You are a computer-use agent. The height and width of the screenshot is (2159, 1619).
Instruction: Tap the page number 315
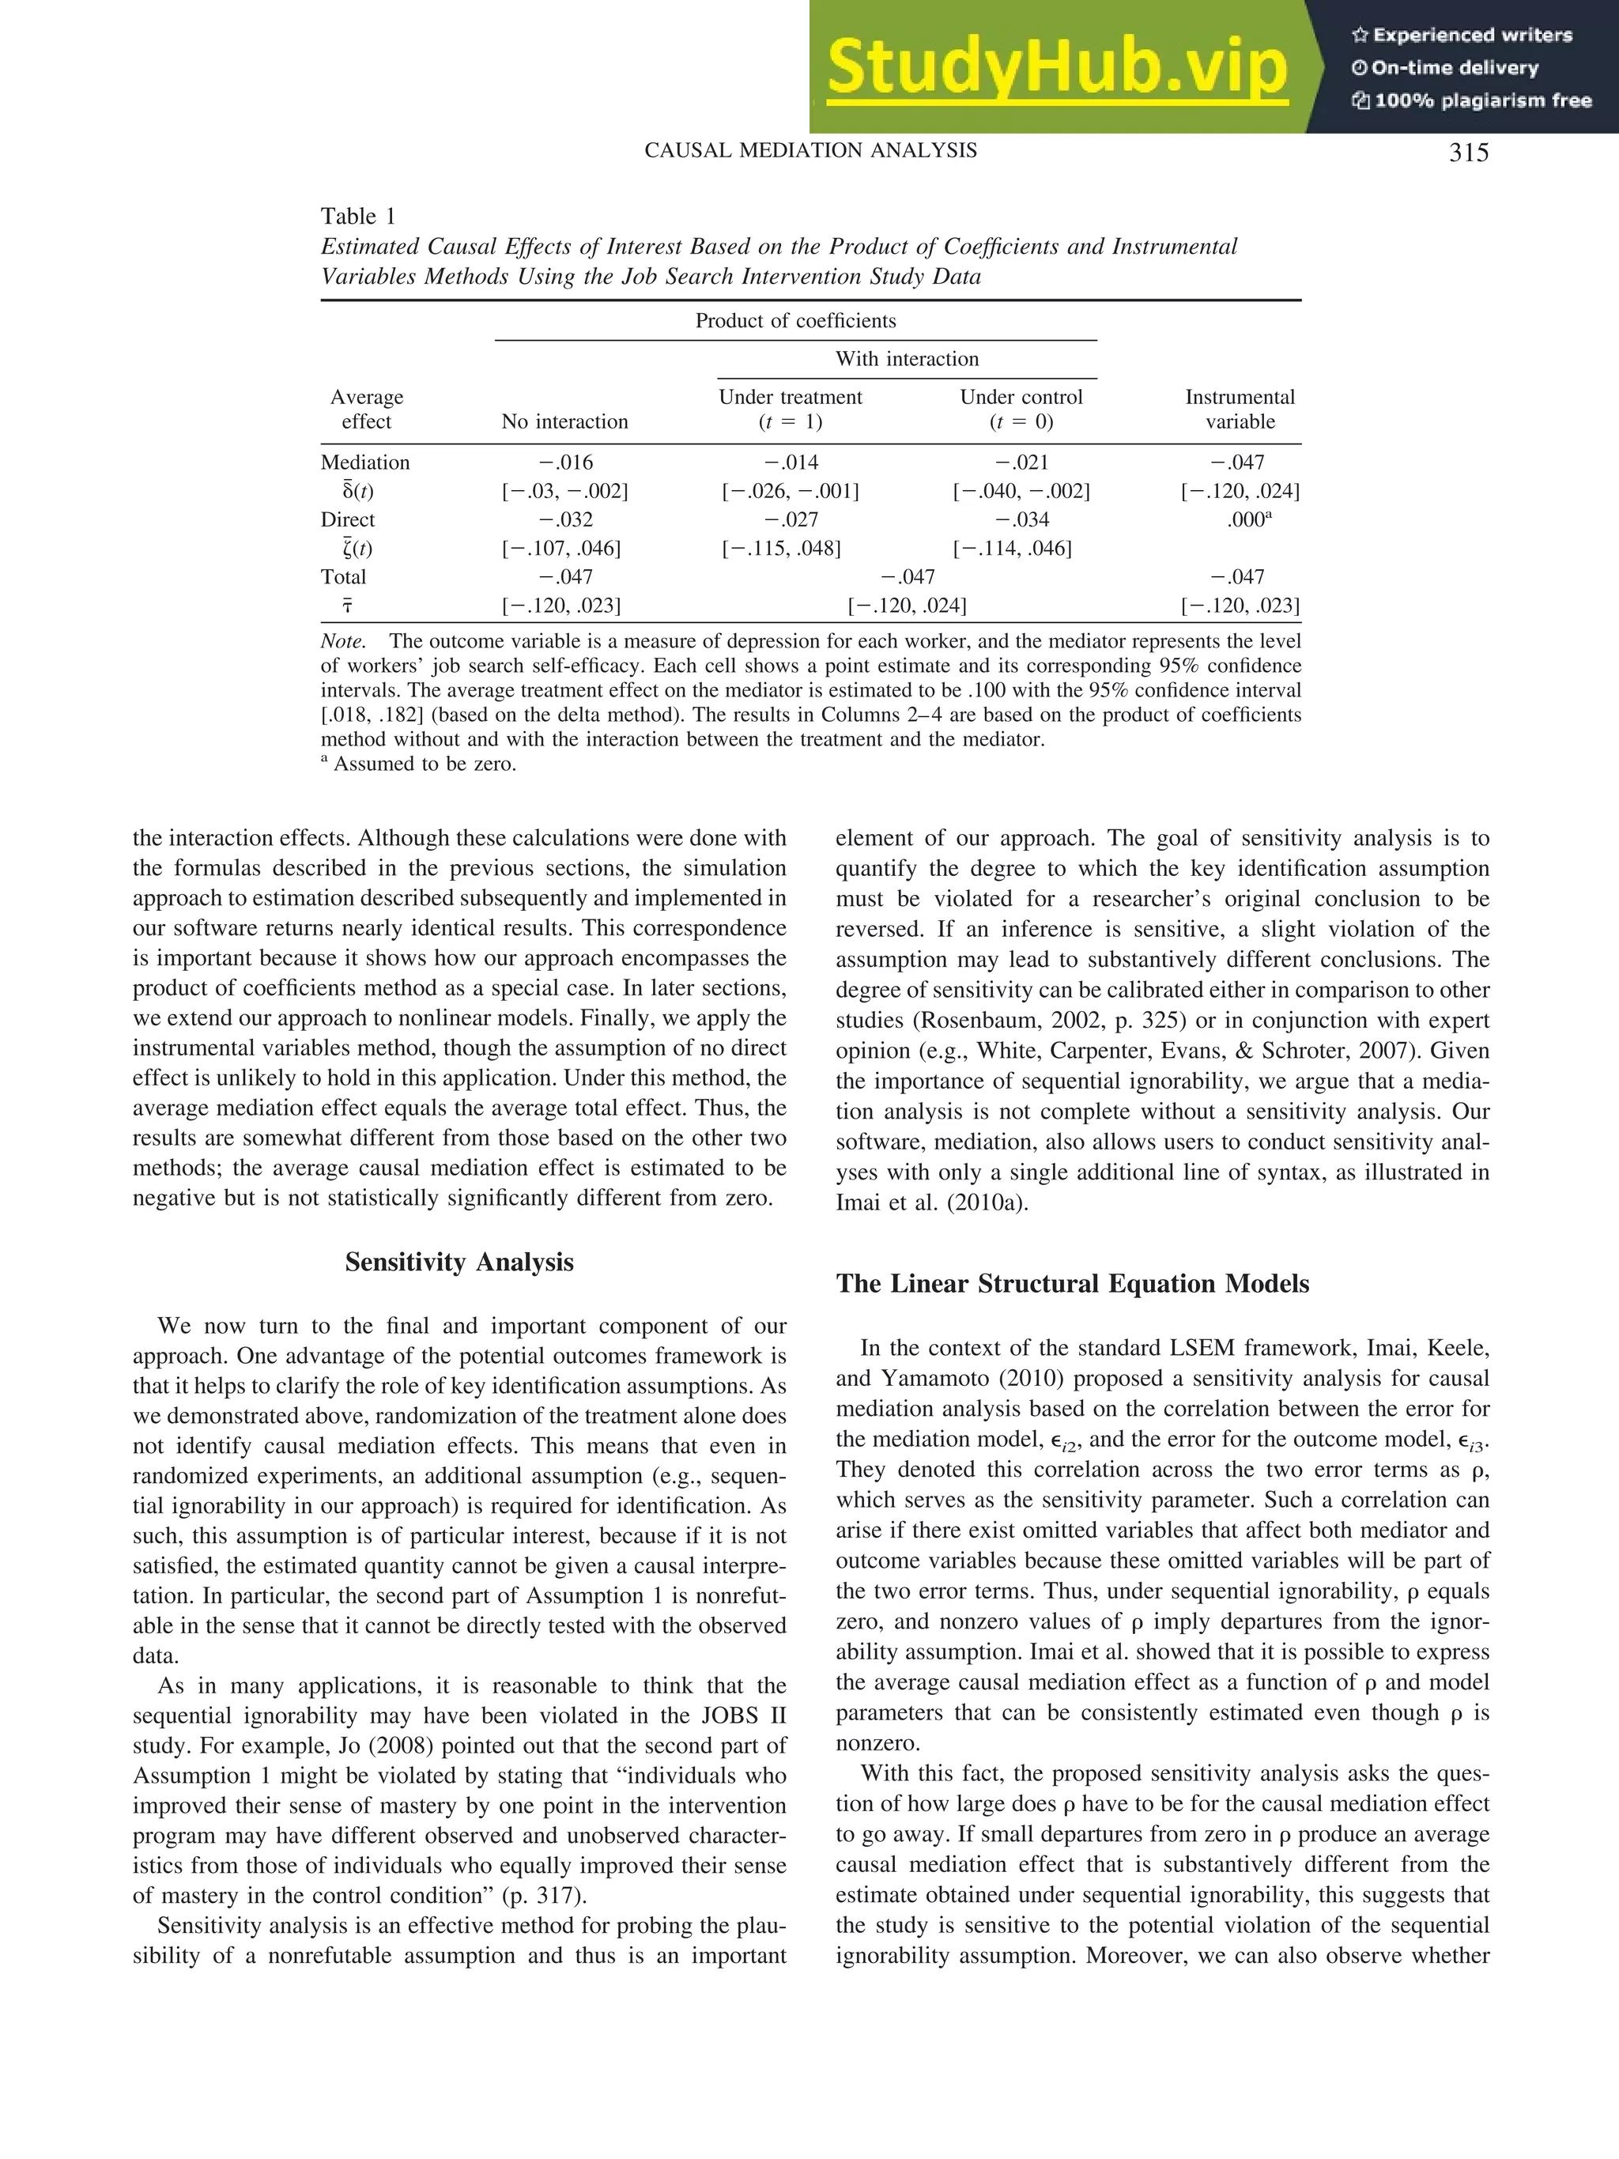1468,153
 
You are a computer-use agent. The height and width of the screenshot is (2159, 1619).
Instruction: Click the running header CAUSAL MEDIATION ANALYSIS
811,150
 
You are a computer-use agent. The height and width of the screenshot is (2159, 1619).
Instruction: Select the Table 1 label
358,216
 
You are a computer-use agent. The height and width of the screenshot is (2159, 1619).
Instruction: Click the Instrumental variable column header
1240,409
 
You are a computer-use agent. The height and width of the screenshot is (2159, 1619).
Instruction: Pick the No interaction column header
564,421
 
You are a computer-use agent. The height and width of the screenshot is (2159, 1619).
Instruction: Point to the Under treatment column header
791,409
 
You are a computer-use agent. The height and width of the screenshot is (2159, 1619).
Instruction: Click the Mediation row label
365,462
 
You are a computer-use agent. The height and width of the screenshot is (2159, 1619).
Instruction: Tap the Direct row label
347,519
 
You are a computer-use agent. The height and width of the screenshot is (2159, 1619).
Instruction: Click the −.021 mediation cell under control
1021,462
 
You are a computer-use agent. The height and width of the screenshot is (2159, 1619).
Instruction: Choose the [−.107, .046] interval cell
561,549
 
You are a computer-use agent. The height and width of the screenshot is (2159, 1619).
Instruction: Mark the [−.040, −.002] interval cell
1021,491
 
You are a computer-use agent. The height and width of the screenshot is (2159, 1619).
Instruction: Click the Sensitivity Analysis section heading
459,1262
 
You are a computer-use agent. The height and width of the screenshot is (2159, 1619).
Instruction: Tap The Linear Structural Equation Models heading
1073,1284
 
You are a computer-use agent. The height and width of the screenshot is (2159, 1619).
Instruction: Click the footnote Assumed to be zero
424,764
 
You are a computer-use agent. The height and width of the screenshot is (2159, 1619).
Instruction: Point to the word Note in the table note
342,642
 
